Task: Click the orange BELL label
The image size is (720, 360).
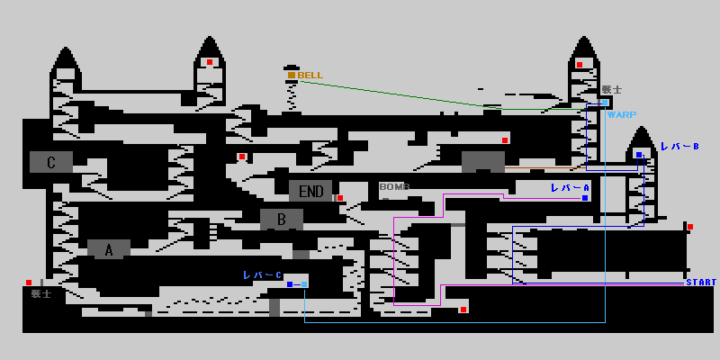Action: (310, 76)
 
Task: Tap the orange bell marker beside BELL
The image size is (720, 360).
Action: (292, 75)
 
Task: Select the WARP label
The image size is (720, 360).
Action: (621, 114)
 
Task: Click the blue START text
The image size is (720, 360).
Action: (701, 283)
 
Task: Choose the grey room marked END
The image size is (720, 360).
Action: (310, 191)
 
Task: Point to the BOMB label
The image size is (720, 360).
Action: (394, 187)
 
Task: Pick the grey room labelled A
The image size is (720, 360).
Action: (109, 250)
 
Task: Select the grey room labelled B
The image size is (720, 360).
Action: (281, 219)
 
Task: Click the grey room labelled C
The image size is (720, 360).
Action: (51, 162)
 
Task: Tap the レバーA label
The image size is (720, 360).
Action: (570, 187)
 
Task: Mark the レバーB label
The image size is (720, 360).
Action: (679, 146)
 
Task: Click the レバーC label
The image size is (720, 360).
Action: (262, 274)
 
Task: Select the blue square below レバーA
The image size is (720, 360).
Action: (585, 197)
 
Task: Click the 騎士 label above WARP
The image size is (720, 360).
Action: (612, 90)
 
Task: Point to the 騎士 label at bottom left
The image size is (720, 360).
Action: (41, 293)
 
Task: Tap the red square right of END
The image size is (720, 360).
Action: (340, 198)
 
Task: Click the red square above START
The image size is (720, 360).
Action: (690, 227)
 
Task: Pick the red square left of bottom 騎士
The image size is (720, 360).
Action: (29, 283)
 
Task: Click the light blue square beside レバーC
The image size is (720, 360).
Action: (304, 284)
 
